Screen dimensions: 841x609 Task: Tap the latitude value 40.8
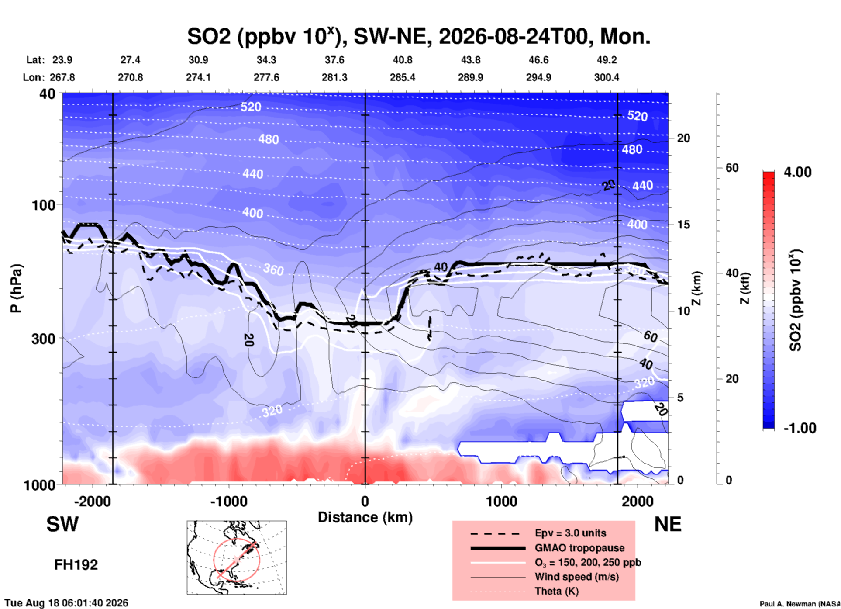(x=402, y=60)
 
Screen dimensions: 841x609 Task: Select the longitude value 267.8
(x=62, y=77)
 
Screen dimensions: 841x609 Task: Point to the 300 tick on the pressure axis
(x=43, y=339)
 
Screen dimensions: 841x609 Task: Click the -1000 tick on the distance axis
(x=229, y=502)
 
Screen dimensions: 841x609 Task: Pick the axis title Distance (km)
(x=365, y=517)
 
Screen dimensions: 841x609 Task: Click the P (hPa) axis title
(x=16, y=288)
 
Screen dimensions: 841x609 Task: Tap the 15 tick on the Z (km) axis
(x=683, y=225)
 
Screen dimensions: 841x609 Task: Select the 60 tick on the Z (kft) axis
(x=732, y=168)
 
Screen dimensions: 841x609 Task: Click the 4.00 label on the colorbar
(x=797, y=172)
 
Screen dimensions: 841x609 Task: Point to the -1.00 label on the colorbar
(x=800, y=428)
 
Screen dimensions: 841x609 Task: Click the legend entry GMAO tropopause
(x=579, y=548)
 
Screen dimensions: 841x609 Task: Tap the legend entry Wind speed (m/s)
(x=576, y=577)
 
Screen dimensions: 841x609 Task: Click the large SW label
(x=62, y=524)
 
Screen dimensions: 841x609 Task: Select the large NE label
(x=668, y=524)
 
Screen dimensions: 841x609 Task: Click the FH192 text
(x=76, y=565)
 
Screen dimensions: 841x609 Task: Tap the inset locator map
(x=237, y=557)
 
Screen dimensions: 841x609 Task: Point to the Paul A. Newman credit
(x=800, y=604)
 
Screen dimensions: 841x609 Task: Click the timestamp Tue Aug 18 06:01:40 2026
(x=66, y=603)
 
